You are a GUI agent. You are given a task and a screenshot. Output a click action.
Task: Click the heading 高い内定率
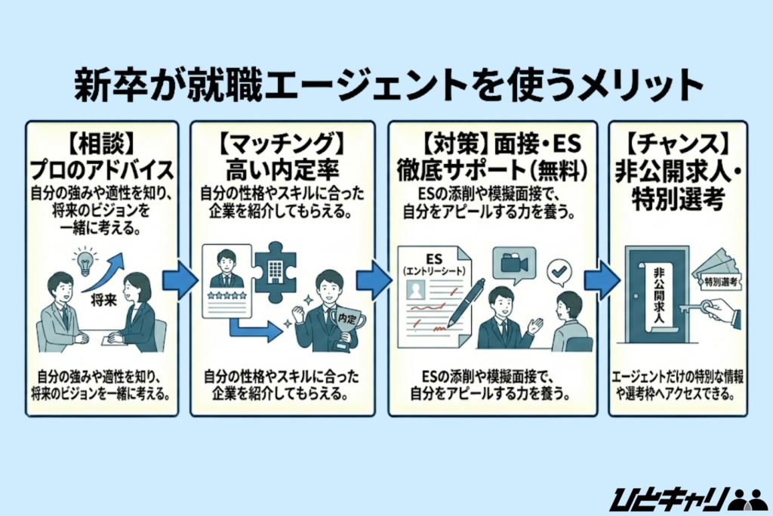click(281, 167)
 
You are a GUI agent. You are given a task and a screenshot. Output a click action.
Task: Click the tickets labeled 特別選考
click(722, 279)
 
